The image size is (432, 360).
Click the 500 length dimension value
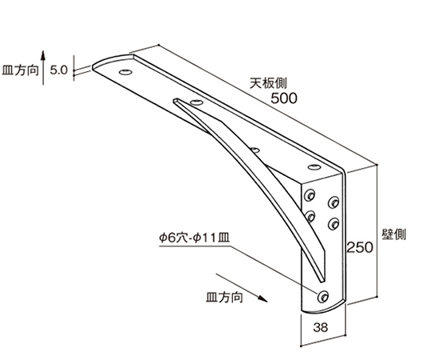(x=284, y=98)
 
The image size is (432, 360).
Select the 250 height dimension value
(x=359, y=247)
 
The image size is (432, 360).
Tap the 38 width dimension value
(x=321, y=327)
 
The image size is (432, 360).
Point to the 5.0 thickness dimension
(x=58, y=70)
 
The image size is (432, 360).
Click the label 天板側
(x=268, y=83)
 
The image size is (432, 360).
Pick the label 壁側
(x=394, y=234)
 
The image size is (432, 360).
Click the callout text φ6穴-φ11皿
(x=194, y=238)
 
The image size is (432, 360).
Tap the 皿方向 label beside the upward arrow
(x=20, y=70)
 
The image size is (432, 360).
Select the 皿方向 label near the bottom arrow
(x=225, y=298)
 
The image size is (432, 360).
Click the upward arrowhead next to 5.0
(x=43, y=56)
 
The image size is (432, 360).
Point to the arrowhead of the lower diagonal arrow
(x=262, y=298)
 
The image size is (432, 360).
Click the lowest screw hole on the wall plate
(x=323, y=296)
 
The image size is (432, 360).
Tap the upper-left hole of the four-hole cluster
(x=310, y=195)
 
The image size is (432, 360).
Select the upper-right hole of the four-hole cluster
(x=334, y=202)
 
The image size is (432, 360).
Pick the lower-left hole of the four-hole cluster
(x=310, y=216)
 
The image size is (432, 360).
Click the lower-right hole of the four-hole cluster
(x=334, y=224)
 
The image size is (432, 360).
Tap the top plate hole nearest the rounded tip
(x=126, y=72)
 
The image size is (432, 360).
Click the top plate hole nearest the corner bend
(x=314, y=166)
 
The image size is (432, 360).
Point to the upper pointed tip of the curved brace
(x=174, y=101)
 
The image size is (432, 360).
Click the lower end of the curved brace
(x=322, y=281)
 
